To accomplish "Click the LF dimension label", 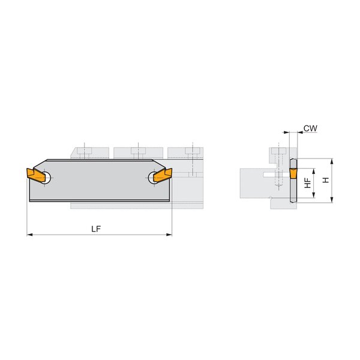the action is pyautogui.click(x=96, y=229).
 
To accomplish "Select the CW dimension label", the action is pyautogui.click(x=310, y=128).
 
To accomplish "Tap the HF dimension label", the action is pyautogui.click(x=308, y=183).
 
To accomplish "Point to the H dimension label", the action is pyautogui.click(x=326, y=180).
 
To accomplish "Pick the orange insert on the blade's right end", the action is pyautogui.click(x=163, y=175).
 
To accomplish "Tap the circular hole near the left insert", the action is pyautogui.click(x=46, y=178).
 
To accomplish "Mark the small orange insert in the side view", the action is pyautogui.click(x=293, y=173).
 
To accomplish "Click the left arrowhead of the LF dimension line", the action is pyautogui.click(x=29, y=235).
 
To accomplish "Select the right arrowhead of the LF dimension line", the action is pyautogui.click(x=169, y=235).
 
